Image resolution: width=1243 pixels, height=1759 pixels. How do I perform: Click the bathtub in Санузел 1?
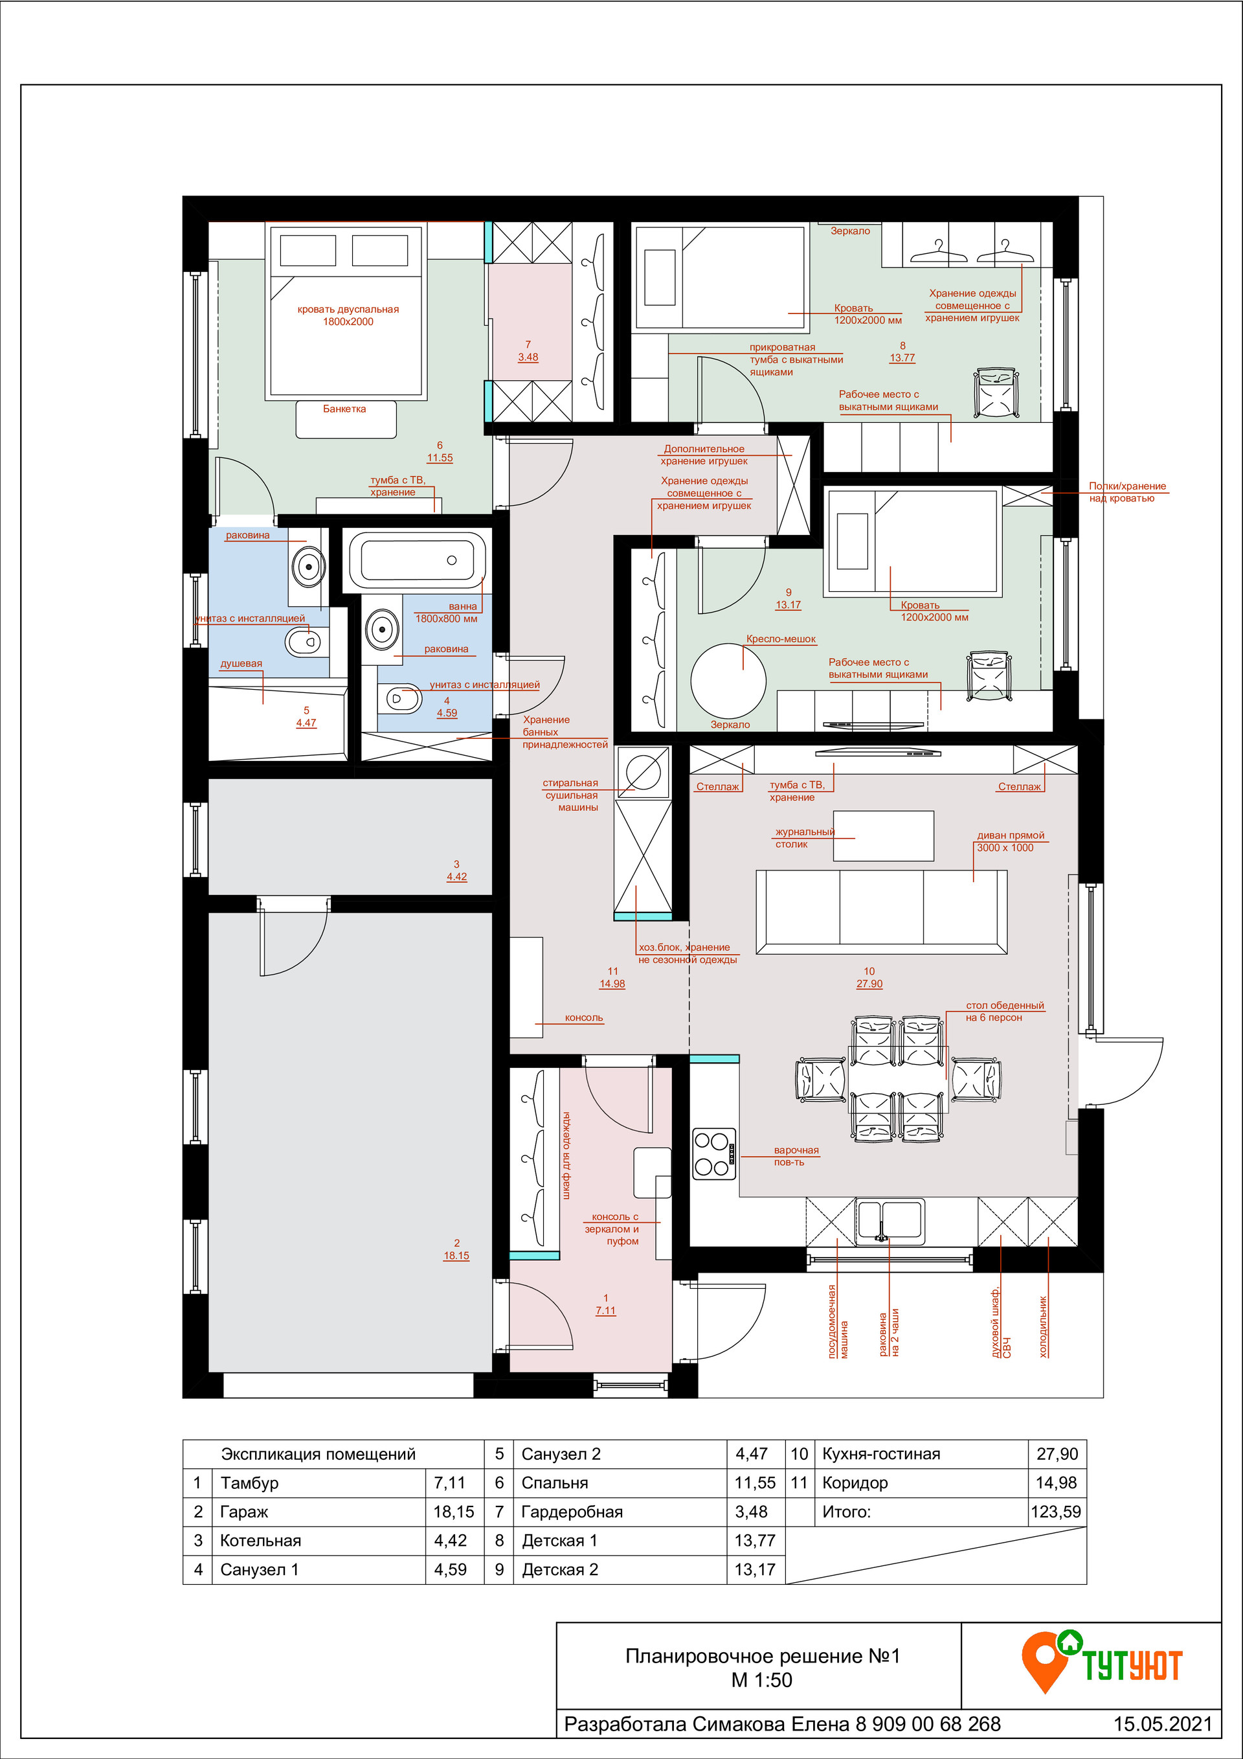(x=418, y=561)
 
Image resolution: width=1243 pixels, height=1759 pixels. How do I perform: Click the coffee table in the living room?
(x=883, y=836)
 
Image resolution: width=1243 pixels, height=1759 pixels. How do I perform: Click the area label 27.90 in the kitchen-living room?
(x=869, y=984)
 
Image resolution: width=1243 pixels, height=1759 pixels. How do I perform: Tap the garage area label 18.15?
(x=456, y=1256)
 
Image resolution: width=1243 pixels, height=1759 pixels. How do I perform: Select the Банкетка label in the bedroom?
(x=344, y=409)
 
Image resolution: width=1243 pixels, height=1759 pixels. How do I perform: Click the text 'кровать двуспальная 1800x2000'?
(x=348, y=315)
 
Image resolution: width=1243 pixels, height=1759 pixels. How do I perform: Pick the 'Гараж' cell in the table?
(x=244, y=1512)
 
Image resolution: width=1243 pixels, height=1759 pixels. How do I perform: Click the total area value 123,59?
(x=1056, y=1512)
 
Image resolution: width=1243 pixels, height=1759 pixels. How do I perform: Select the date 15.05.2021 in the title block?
(x=1163, y=1724)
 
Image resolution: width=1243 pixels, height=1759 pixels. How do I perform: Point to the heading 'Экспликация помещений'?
(x=319, y=1454)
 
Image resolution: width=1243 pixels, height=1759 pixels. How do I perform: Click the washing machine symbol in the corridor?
(x=644, y=771)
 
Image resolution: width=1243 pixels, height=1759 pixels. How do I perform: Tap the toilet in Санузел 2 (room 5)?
(x=303, y=641)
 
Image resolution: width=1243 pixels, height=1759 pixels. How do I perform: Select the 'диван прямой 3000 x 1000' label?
(x=1009, y=841)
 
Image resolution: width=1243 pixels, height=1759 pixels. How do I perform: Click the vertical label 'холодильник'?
(x=1043, y=1327)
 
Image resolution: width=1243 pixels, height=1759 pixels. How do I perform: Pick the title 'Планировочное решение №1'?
(x=763, y=1656)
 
